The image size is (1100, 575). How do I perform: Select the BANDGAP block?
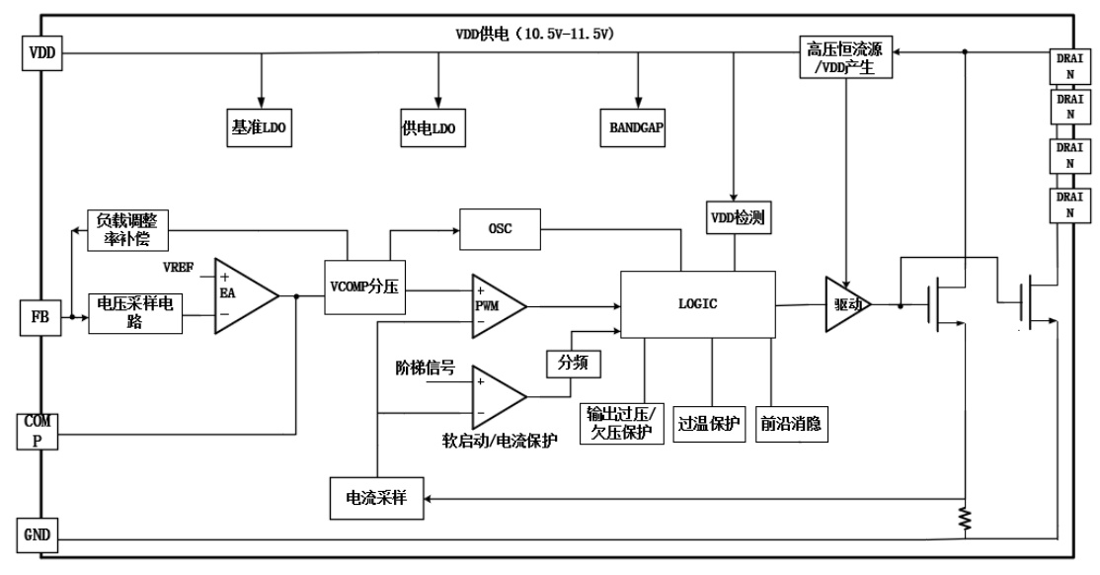click(x=637, y=126)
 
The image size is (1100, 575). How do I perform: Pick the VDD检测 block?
click(x=736, y=216)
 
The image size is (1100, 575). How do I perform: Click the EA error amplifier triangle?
click(x=243, y=293)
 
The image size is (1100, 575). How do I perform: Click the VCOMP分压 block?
click(x=366, y=287)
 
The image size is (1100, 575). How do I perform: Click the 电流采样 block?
click(x=376, y=496)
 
